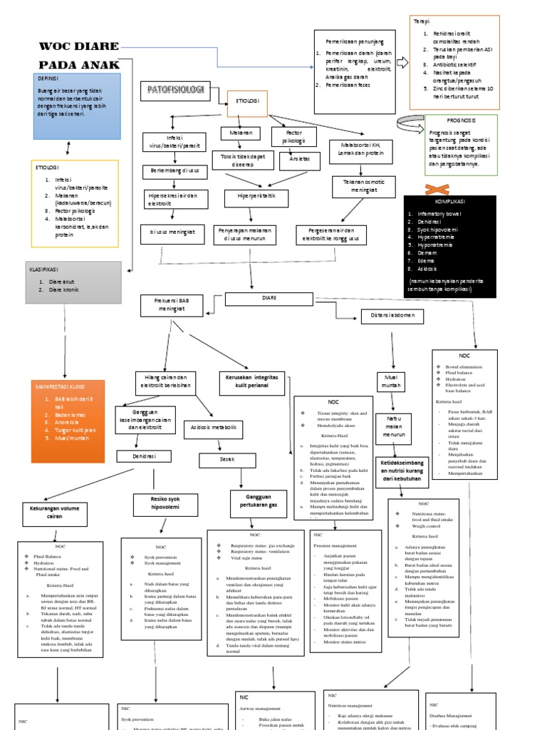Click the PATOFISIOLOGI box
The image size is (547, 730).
click(175, 91)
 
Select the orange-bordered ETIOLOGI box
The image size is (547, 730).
click(246, 103)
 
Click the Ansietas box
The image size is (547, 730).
click(293, 159)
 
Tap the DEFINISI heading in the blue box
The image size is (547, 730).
click(48, 78)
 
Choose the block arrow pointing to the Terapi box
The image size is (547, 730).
click(402, 63)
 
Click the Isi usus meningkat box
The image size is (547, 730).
click(172, 232)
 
